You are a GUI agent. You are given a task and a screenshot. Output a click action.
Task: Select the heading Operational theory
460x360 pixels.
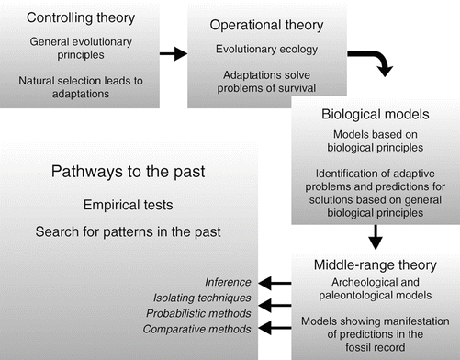(x=259, y=27)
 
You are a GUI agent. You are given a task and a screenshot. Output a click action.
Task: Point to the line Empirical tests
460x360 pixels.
(x=137, y=201)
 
